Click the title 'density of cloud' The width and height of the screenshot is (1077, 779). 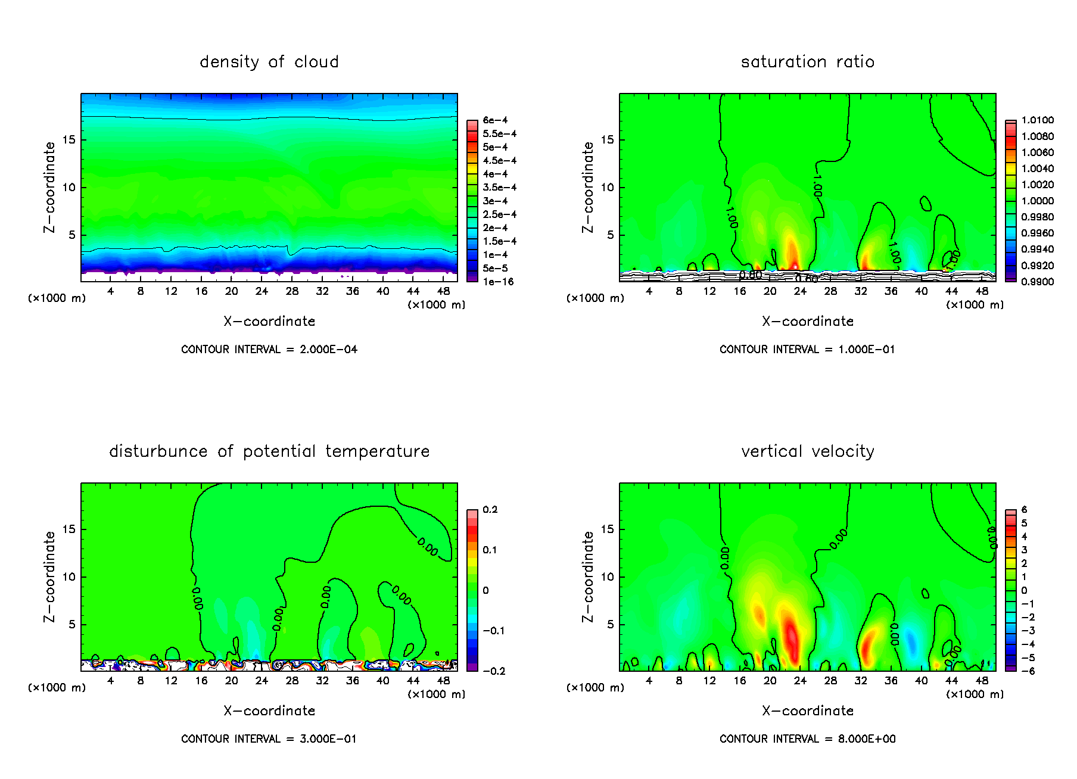[269, 62]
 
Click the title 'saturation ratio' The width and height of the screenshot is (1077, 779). [807, 62]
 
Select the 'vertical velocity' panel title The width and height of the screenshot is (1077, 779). [807, 451]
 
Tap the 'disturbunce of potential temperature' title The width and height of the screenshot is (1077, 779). [269, 451]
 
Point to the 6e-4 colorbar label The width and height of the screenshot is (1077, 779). [495, 120]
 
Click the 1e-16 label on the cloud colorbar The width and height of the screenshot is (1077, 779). [498, 282]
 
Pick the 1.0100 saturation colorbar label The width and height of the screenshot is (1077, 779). [1037, 120]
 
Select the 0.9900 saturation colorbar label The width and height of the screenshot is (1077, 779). [1037, 282]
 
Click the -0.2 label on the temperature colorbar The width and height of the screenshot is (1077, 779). [494, 671]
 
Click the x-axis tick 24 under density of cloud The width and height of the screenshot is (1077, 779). [262, 291]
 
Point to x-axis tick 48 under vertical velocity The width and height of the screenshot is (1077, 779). [982, 681]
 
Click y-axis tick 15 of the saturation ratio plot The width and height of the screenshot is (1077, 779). [606, 140]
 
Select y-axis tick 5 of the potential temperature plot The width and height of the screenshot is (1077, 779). [72, 625]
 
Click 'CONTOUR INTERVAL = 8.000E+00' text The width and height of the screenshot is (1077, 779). [807, 739]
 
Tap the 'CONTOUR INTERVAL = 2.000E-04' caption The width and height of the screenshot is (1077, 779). [269, 350]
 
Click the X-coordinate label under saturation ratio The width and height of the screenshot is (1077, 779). [807, 322]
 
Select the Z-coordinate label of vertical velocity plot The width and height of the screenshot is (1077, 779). [588, 577]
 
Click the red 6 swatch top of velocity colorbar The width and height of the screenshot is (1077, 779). [1010, 512]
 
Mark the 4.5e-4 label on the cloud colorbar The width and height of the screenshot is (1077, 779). [499, 161]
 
